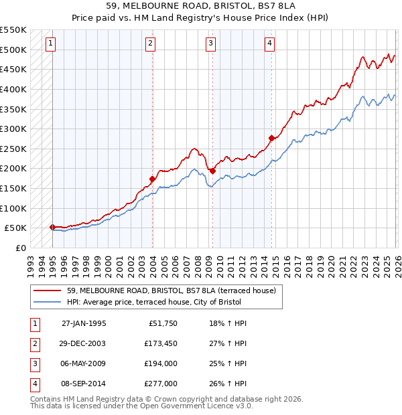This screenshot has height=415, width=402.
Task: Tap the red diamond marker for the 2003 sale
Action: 152,179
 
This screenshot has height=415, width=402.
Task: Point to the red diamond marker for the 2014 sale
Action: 271,139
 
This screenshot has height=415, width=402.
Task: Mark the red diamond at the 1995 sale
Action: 52,227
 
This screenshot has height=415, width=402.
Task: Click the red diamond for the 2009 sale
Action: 212,171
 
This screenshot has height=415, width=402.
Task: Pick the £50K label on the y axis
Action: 15,228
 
